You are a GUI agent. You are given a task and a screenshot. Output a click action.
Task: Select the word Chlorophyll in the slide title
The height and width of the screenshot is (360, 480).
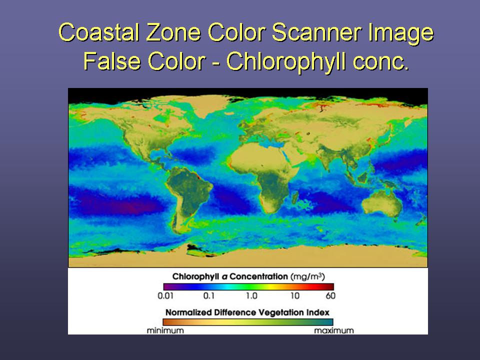click(x=286, y=61)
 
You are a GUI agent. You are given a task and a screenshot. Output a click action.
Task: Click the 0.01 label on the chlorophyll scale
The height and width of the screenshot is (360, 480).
click(x=165, y=295)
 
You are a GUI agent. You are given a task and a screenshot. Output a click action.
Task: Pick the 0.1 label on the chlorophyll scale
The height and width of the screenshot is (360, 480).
click(x=209, y=295)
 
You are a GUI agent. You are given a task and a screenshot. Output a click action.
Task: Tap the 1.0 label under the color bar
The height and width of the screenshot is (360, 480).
click(x=251, y=295)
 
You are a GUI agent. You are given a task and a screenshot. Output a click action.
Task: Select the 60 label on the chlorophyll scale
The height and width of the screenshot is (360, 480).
click(x=330, y=295)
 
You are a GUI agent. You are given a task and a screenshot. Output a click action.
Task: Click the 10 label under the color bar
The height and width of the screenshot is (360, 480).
click(x=295, y=295)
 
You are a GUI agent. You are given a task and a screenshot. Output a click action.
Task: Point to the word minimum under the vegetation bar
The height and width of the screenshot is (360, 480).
click(x=165, y=330)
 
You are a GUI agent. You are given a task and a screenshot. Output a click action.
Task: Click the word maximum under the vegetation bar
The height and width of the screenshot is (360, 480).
click(x=334, y=330)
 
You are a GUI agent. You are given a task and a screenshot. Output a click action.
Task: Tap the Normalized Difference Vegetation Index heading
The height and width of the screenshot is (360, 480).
click(x=247, y=312)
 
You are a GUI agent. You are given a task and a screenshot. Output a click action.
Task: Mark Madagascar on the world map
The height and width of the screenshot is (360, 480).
click(x=295, y=197)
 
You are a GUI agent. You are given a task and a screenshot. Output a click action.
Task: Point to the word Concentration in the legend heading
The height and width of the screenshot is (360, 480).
click(x=258, y=276)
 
